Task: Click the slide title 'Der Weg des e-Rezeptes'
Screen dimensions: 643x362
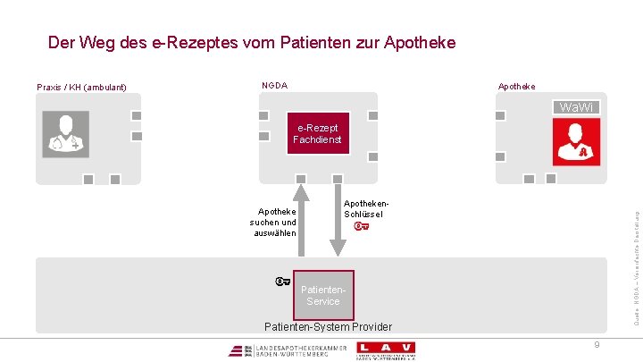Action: (x=251, y=42)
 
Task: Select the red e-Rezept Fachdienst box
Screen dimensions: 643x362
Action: (x=317, y=133)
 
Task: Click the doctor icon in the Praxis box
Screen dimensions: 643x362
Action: (x=65, y=134)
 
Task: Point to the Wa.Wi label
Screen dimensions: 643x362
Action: (x=576, y=108)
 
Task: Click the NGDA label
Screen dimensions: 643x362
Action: (x=274, y=86)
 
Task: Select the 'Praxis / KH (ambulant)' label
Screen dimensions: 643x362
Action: (x=81, y=88)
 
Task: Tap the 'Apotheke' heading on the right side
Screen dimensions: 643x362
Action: (x=517, y=87)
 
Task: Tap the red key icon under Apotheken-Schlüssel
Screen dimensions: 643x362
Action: (x=362, y=226)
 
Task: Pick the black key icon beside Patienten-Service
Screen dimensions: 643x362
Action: (x=283, y=282)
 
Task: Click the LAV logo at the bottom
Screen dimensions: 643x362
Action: (x=385, y=349)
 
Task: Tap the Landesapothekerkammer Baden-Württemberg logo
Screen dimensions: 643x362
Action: (x=280, y=349)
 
